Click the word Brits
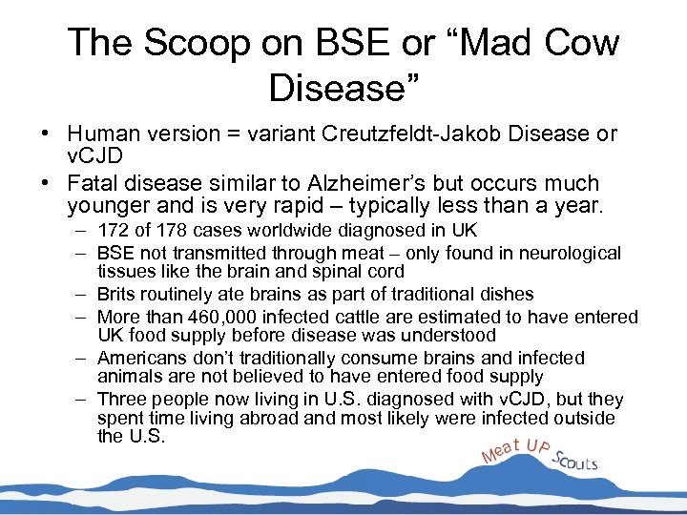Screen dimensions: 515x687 tap(116, 294)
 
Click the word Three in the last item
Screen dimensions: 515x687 tap(120, 400)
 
